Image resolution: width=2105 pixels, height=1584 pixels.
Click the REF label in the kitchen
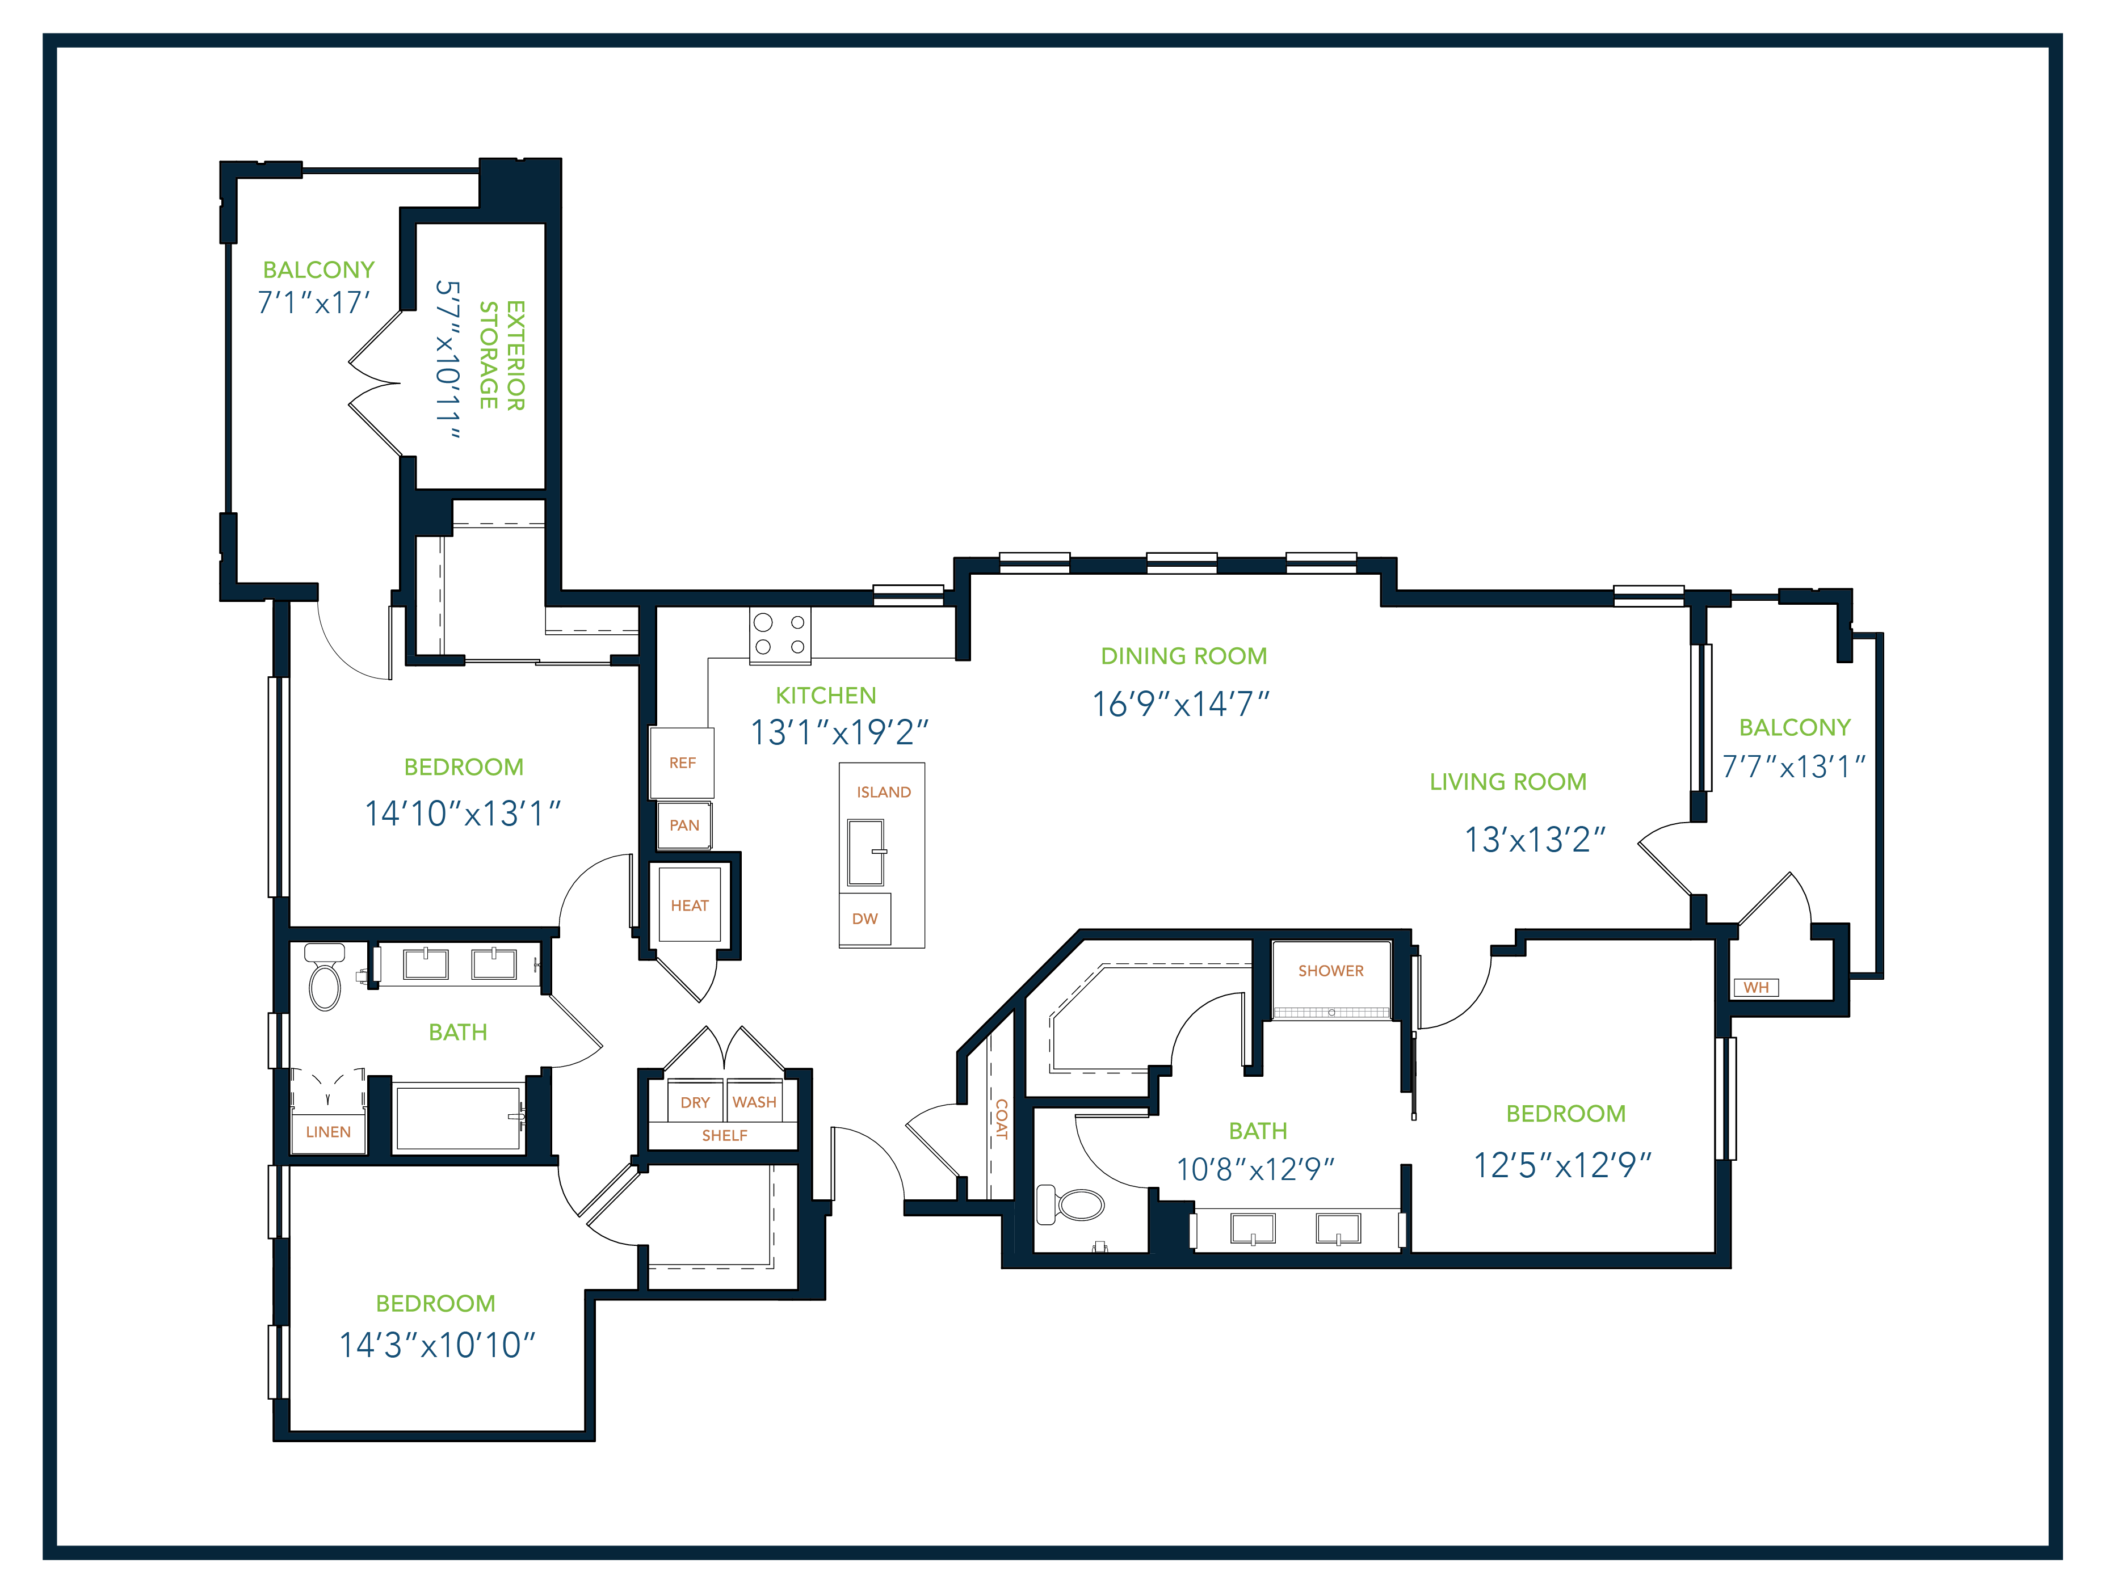point(682,763)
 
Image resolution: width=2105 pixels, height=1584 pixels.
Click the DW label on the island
point(864,919)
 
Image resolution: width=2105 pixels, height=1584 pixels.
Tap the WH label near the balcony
point(1756,988)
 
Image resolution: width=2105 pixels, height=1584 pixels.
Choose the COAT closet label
point(1001,1119)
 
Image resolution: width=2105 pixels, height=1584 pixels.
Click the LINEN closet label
point(328,1132)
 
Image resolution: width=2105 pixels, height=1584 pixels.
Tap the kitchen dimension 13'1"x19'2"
point(839,732)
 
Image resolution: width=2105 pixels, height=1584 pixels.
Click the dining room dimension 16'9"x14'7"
point(1181,704)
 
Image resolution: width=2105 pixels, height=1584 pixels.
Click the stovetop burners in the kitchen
point(779,634)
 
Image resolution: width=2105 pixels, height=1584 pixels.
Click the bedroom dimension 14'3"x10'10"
point(437,1345)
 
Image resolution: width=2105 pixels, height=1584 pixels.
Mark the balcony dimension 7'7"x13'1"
point(1794,767)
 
